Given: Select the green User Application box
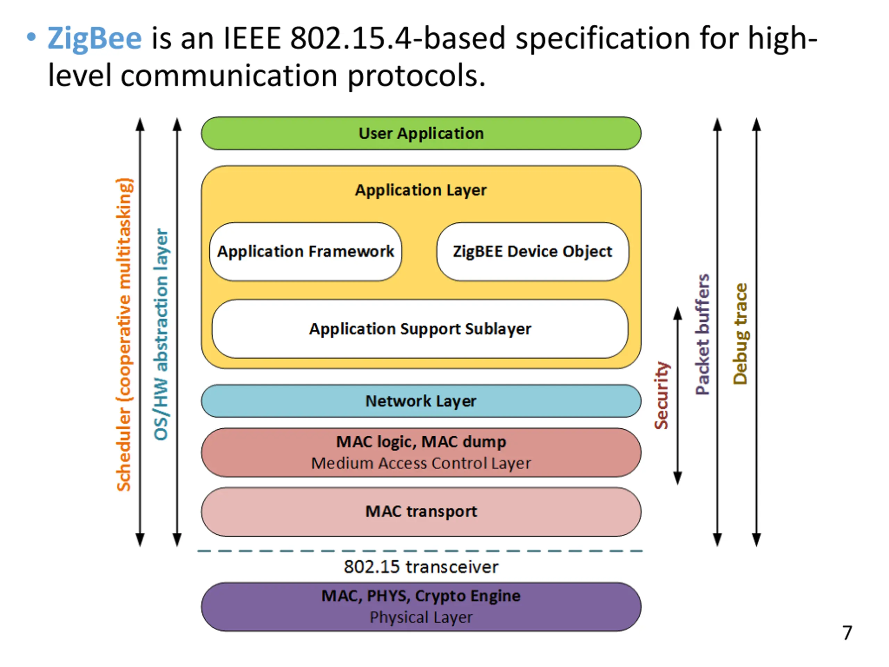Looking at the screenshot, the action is [421, 133].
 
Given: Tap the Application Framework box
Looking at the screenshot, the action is [306, 252].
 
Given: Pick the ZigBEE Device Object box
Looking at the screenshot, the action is [532, 252].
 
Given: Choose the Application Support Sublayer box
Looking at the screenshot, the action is [420, 329].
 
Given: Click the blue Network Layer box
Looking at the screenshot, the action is [421, 401].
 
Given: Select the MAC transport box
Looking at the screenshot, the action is [421, 512].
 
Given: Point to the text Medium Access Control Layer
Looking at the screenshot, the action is [421, 463].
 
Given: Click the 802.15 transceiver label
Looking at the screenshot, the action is [421, 567].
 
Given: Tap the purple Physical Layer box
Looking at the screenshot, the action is [421, 607].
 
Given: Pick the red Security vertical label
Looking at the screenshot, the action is [662, 395].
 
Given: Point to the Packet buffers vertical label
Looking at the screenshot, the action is [703, 335].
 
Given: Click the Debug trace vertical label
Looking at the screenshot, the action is [740, 334].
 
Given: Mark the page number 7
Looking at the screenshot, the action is [847, 633].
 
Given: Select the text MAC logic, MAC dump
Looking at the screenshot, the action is [421, 442].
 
